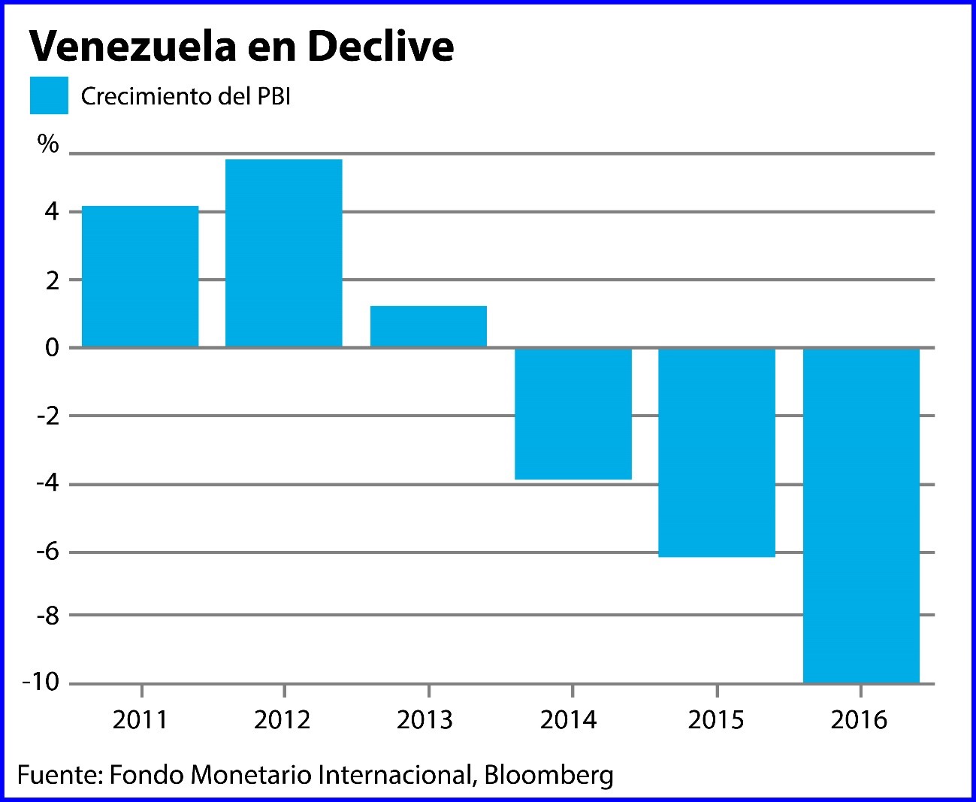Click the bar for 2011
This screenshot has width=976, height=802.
click(x=140, y=276)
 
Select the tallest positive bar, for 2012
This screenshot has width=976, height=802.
click(x=283, y=253)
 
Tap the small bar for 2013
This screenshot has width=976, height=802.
click(x=428, y=326)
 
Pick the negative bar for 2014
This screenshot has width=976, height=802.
click(x=573, y=413)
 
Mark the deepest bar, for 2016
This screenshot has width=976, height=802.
click(x=861, y=515)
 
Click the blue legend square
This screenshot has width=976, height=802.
click(x=49, y=95)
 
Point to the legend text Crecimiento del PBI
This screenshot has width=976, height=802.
click(x=186, y=97)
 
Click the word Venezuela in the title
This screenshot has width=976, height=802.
click(x=132, y=47)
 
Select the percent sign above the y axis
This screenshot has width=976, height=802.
click(x=48, y=144)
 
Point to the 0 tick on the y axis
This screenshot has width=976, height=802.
click(x=52, y=347)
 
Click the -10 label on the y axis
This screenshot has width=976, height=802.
click(x=41, y=682)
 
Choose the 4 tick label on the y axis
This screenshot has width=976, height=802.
click(x=52, y=211)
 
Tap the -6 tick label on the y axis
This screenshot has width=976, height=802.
click(x=47, y=552)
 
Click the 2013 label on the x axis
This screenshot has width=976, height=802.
click(x=425, y=720)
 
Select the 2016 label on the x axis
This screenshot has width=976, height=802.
click(x=859, y=720)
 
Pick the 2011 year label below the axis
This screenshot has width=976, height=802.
click(x=140, y=720)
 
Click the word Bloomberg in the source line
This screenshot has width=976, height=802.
click(x=548, y=775)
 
